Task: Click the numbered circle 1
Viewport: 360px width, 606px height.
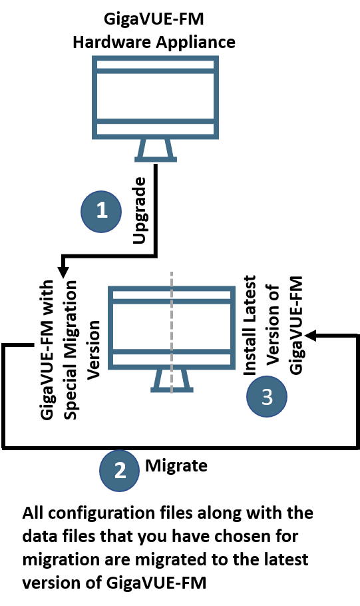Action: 101,211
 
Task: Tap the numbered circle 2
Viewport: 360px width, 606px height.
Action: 119,470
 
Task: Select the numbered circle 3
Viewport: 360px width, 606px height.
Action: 267,396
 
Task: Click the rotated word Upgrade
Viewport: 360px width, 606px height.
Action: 140,210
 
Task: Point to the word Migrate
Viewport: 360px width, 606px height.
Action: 176,465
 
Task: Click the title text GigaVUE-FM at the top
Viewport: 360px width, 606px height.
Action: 154,19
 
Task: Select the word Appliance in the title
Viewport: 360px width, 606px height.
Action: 196,42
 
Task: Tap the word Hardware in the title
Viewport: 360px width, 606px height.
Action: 112,42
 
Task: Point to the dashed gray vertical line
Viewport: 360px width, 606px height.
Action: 172,332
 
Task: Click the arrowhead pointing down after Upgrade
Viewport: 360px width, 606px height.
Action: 63,272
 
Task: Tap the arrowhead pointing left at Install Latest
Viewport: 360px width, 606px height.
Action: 311,336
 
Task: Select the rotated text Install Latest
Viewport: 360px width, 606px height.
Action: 250,325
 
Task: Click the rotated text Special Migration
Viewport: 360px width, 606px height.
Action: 71,350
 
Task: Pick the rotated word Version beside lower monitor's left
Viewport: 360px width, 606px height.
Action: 93,350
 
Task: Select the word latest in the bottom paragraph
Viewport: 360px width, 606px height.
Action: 286,559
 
